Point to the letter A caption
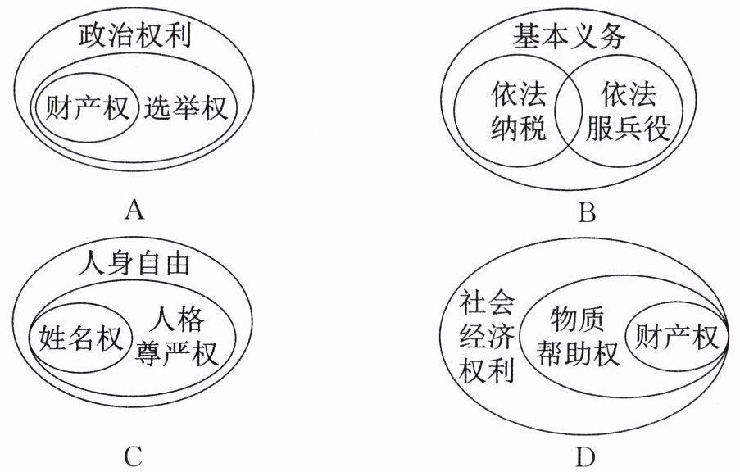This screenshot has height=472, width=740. point(135,211)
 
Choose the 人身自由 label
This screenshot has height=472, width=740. point(136,265)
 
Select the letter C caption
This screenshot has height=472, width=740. point(135,453)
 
